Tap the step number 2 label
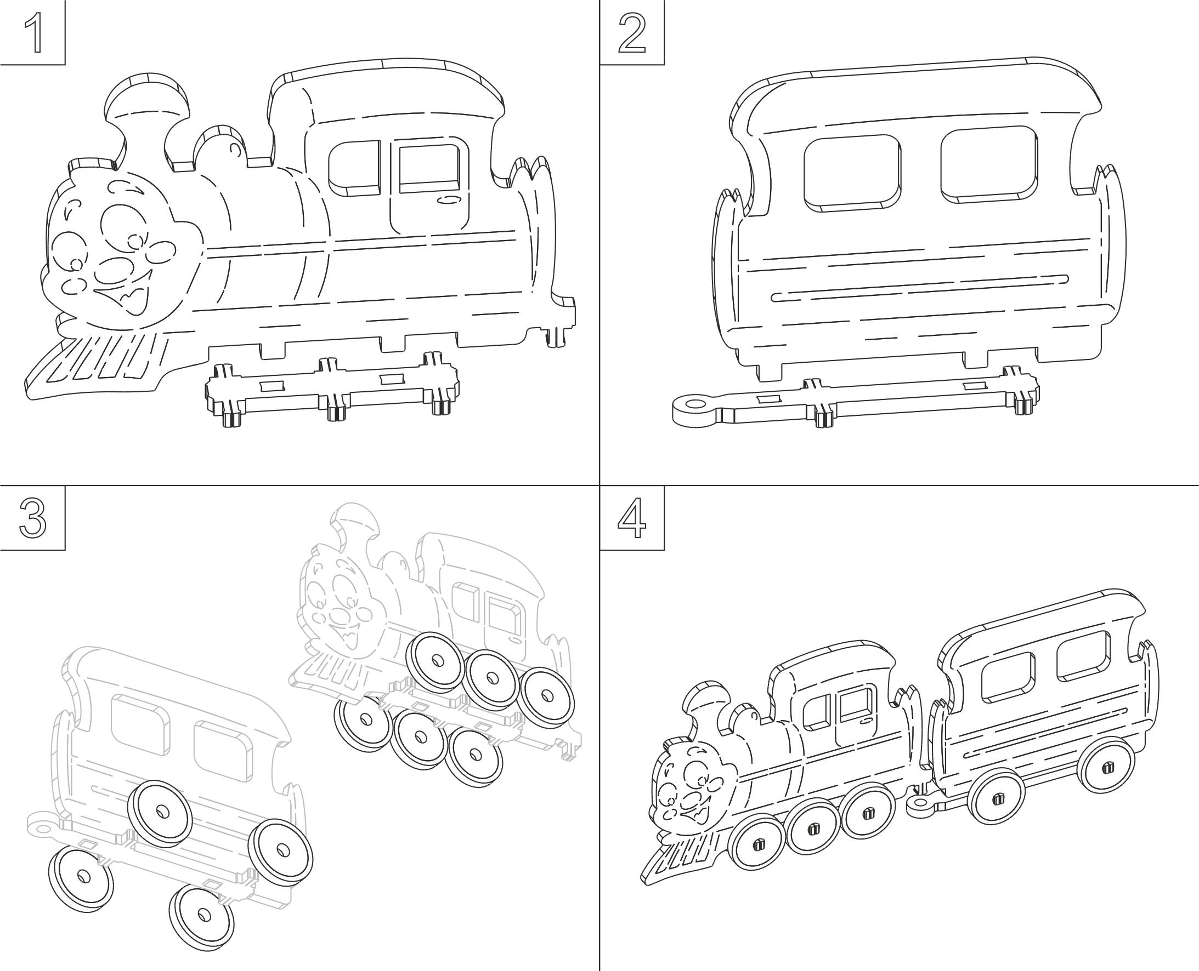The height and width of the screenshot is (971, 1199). [x=633, y=33]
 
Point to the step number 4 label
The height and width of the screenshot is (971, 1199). [x=632, y=518]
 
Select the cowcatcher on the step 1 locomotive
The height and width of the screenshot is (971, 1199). [x=98, y=363]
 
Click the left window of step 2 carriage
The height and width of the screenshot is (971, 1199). [x=852, y=173]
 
